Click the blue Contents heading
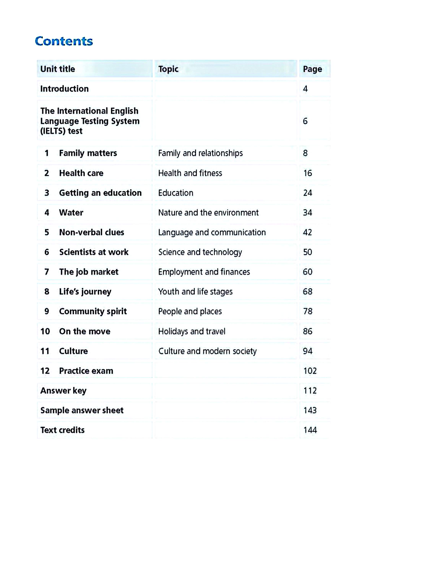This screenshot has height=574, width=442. [x=64, y=41]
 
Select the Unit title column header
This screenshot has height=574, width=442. [x=58, y=69]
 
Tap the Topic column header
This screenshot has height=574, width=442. [x=168, y=69]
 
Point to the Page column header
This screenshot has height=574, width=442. [x=312, y=69]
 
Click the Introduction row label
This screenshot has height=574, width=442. [x=64, y=89]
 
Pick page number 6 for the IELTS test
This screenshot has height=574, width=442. [x=305, y=121]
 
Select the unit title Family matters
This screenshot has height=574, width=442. [x=88, y=153]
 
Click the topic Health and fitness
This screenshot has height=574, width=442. [x=190, y=173]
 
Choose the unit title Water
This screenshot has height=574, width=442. [x=71, y=212]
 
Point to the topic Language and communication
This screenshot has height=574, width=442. [x=212, y=232]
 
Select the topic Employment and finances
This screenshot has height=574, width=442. [x=204, y=272]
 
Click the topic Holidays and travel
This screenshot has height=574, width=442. [x=191, y=331]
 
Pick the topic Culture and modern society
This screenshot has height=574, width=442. [x=207, y=351]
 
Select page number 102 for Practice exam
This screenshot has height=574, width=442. [x=310, y=371]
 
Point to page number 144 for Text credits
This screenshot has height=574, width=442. [x=310, y=430]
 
